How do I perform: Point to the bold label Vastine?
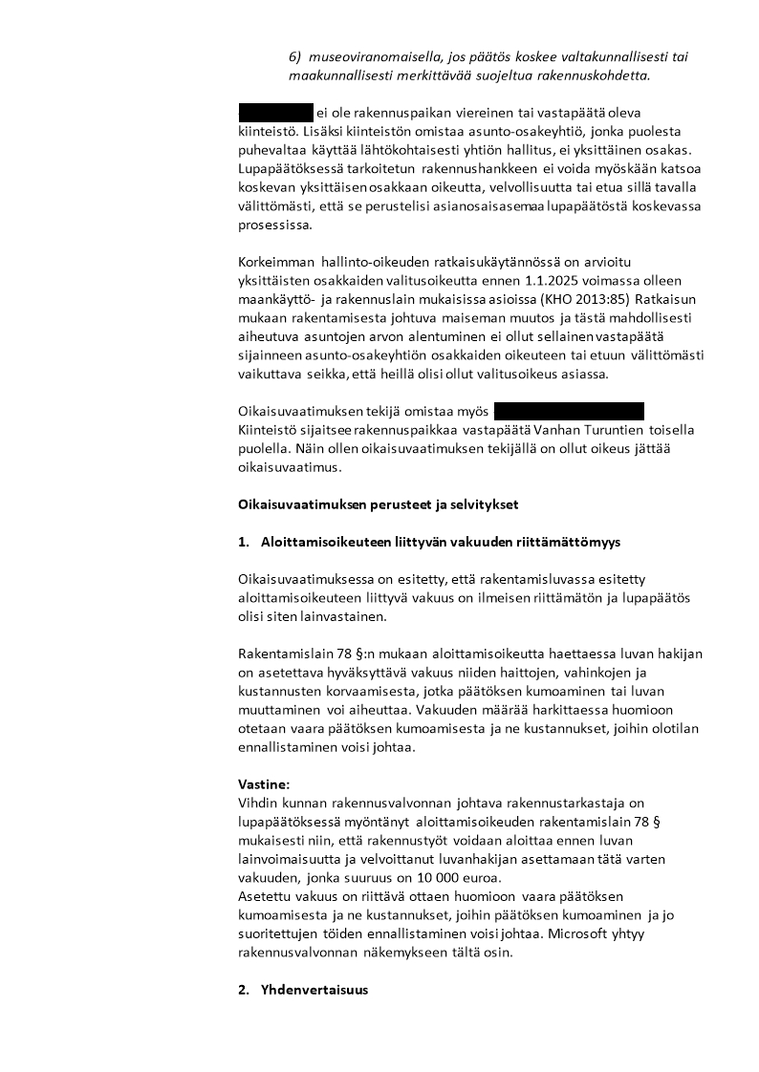point(263,783)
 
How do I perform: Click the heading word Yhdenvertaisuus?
point(314,990)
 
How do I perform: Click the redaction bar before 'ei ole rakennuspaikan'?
point(275,112)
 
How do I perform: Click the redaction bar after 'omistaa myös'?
point(569,412)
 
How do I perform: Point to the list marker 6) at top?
point(295,56)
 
